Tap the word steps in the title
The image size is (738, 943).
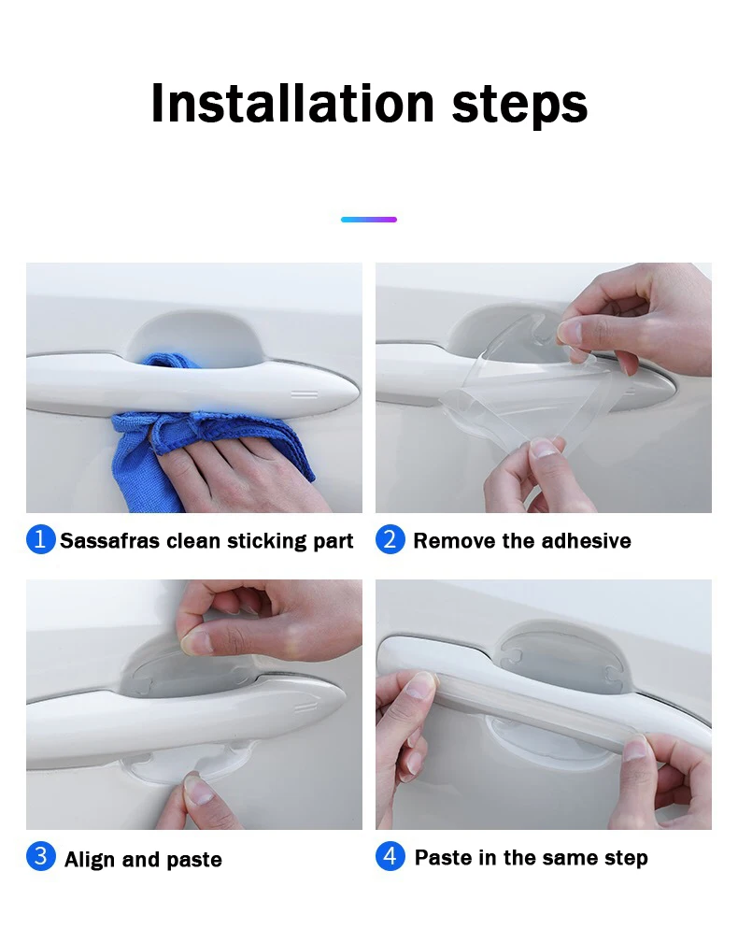tap(519, 106)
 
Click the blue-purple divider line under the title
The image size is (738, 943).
tap(368, 220)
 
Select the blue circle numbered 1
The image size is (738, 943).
tap(40, 539)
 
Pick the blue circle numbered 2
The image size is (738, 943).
tap(390, 539)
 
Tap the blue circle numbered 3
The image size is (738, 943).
tap(40, 856)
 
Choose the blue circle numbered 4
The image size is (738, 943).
tap(390, 856)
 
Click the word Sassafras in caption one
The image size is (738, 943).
tap(110, 541)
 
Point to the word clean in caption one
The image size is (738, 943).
tap(193, 541)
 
